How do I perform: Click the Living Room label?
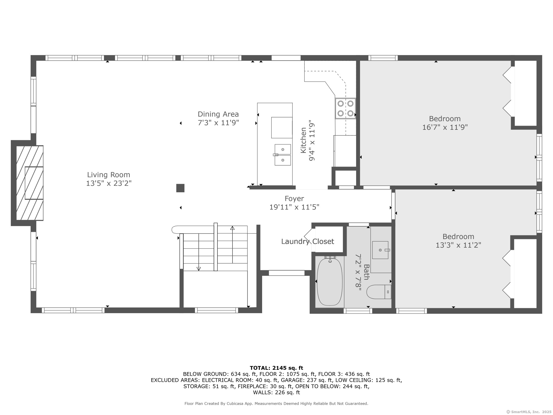[x=109, y=175]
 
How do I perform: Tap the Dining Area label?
[x=218, y=114]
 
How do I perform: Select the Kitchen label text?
[x=304, y=140]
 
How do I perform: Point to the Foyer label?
[x=294, y=199]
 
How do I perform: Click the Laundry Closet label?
[x=307, y=242]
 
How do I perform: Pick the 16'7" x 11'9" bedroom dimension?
[x=445, y=127]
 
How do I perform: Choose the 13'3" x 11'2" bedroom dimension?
[x=458, y=245]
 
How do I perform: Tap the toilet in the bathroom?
[x=379, y=292]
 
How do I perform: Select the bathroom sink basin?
[x=380, y=250]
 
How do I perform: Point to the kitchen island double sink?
[x=283, y=155]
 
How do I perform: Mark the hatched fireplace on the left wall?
[x=30, y=183]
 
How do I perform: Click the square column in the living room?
[x=180, y=188]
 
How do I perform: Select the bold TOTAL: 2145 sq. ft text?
[x=276, y=368]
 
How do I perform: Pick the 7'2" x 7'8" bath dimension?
[x=359, y=273]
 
